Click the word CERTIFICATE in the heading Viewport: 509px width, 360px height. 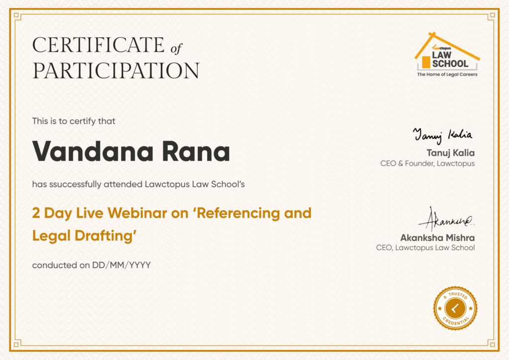click(x=98, y=45)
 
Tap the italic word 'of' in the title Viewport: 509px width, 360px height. click(x=176, y=49)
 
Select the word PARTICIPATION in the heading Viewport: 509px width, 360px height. click(x=116, y=71)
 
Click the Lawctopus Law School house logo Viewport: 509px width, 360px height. click(x=447, y=54)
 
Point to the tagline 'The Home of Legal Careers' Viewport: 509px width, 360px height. click(x=447, y=75)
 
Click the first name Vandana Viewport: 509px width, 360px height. click(x=93, y=151)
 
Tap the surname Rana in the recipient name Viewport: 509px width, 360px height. click(x=196, y=151)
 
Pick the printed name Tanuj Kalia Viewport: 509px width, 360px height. click(x=450, y=153)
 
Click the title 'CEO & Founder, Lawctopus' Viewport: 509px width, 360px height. click(x=427, y=163)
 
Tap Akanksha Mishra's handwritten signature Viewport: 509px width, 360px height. click(x=446, y=219)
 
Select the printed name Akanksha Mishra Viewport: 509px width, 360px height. click(x=437, y=238)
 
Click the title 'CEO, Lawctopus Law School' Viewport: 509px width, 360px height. click(x=425, y=248)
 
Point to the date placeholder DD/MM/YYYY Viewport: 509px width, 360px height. click(x=121, y=265)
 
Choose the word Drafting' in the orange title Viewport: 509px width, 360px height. click(x=105, y=236)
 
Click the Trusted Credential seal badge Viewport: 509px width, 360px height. click(x=455, y=308)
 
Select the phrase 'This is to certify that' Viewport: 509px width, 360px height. click(x=74, y=121)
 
